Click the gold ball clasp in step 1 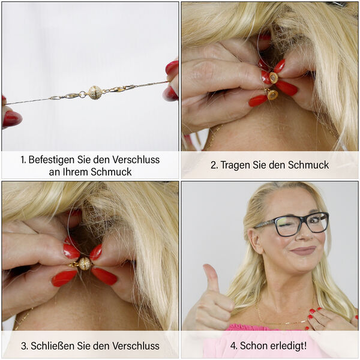click(94, 92)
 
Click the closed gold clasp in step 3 click(85, 263)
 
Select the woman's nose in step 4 click(305, 236)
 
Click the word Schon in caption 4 click(256, 346)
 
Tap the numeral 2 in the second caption click(214, 165)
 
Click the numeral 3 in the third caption click(23, 346)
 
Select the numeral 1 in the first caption click(23, 160)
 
